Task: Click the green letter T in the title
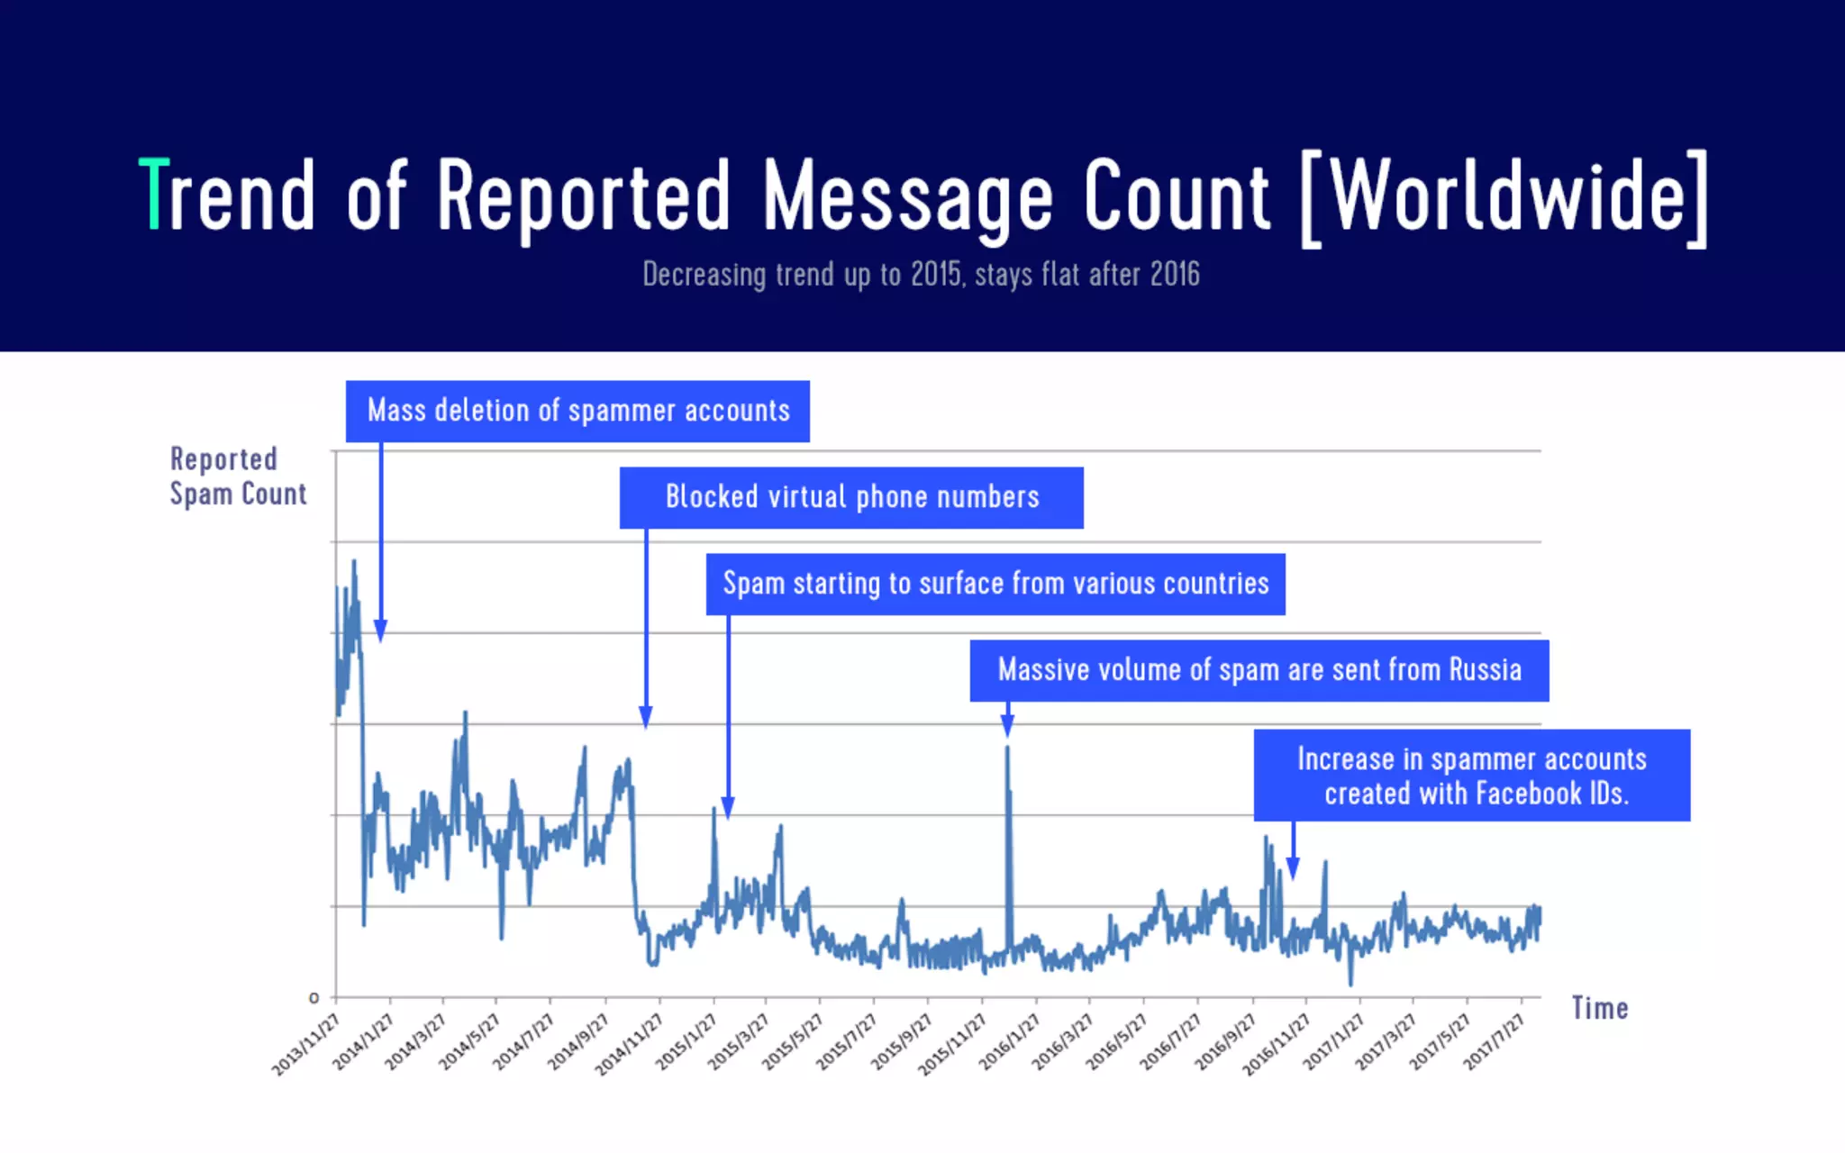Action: click(x=154, y=194)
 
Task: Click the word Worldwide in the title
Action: click(x=1506, y=195)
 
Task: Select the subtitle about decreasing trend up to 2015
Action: click(x=921, y=275)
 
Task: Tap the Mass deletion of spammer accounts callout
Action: click(x=577, y=412)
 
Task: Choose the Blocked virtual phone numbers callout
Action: click(x=851, y=497)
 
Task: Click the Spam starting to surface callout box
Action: click(x=995, y=585)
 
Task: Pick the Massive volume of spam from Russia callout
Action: click(x=1259, y=671)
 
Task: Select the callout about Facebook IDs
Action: click(x=1472, y=776)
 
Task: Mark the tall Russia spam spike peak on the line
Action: click(x=1007, y=748)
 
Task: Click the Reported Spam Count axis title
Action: click(x=238, y=477)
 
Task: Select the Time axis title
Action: click(x=1600, y=1008)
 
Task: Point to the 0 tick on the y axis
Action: click(x=314, y=998)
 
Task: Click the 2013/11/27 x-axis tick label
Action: click(x=306, y=1043)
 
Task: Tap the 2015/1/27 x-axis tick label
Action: click(x=686, y=1041)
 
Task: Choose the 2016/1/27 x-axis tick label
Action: click(x=1010, y=1041)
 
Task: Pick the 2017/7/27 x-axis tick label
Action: click(x=1494, y=1041)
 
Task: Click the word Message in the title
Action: click(x=908, y=195)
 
